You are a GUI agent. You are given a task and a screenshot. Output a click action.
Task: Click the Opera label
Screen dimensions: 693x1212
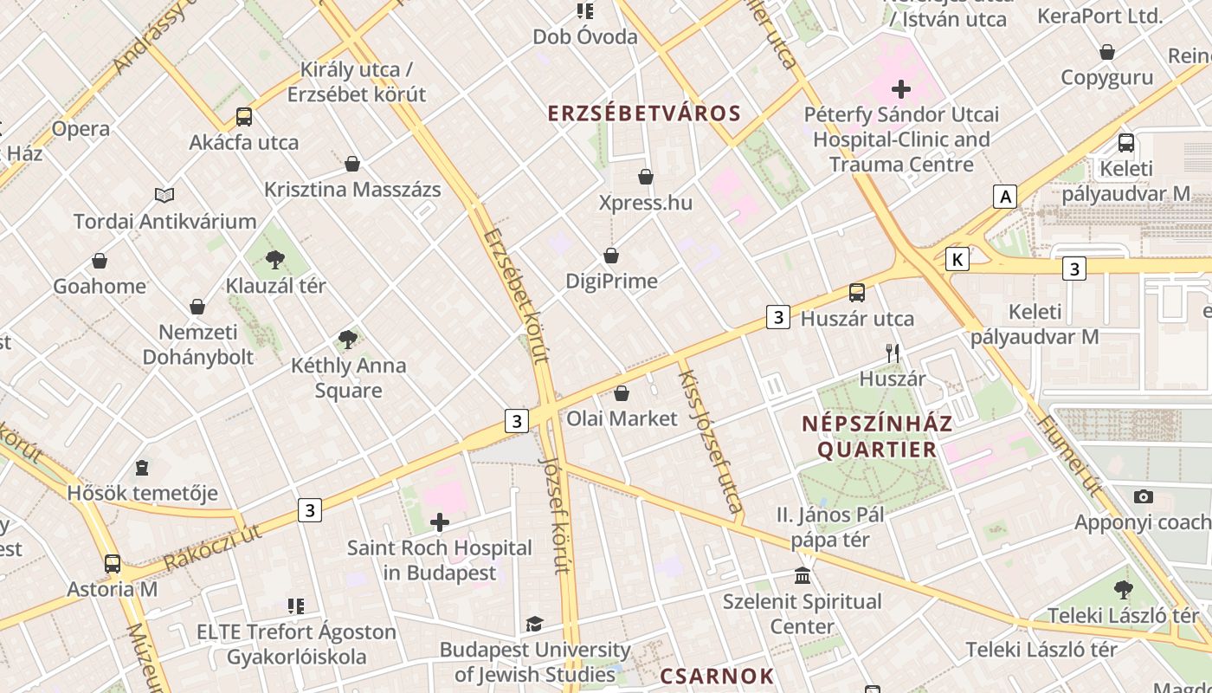[81, 129]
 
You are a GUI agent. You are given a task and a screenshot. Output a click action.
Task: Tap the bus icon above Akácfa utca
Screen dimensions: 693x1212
[244, 117]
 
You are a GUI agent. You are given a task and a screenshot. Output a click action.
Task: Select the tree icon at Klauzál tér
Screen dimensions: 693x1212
[275, 259]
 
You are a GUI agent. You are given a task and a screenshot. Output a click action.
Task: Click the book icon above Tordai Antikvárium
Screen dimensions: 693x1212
[164, 195]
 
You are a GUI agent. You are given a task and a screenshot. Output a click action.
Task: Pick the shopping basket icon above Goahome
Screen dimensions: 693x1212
[100, 261]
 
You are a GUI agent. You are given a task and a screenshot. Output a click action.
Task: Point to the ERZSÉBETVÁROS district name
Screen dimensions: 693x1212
[644, 113]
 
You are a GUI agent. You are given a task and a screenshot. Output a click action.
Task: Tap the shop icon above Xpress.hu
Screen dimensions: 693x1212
[646, 178]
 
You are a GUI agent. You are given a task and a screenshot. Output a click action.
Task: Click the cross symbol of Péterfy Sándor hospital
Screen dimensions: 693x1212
[901, 88]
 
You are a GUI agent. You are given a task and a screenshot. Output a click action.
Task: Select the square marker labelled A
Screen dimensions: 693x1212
[1004, 197]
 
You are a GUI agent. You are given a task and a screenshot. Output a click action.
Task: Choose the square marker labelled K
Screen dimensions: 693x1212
[957, 259]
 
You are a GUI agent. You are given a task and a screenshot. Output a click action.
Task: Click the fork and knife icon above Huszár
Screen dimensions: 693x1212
[893, 353]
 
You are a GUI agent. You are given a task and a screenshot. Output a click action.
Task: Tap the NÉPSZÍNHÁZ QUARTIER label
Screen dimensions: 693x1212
[877, 437]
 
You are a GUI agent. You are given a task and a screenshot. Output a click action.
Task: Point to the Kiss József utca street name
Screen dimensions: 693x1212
[711, 441]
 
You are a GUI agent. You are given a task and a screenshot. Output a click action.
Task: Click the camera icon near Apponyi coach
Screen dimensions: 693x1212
[1144, 497]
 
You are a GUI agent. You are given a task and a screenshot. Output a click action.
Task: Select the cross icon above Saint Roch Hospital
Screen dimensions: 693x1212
[440, 522]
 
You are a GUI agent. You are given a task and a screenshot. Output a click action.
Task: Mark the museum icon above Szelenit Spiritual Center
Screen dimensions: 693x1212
[803, 576]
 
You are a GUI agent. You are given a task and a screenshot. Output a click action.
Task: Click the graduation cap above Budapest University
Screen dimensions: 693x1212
[534, 625]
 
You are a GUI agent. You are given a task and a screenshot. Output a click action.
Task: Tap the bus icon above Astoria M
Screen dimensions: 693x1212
[113, 564]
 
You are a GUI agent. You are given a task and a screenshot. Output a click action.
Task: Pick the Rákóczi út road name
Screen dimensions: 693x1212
[212, 546]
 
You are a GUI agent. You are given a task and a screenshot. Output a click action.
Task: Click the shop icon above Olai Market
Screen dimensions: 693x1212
[622, 393]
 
